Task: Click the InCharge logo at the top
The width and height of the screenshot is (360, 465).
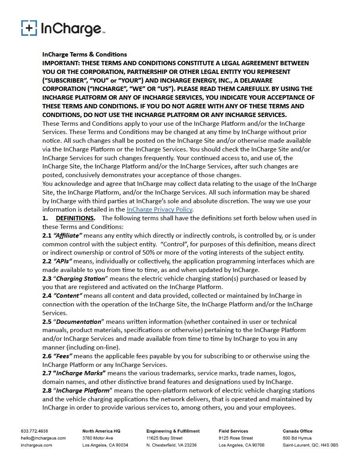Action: [63, 28]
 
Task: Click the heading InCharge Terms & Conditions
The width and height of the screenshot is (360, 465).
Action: [85, 54]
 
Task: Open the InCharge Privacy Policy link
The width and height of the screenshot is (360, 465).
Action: [159, 210]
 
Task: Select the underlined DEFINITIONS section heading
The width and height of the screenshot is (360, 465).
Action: [75, 218]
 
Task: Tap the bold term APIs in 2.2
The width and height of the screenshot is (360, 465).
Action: [63, 261]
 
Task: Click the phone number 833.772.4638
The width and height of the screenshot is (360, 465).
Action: [34, 431]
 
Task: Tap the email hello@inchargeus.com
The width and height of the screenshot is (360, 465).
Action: [43, 438]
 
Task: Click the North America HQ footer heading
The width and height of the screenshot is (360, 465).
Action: [101, 431]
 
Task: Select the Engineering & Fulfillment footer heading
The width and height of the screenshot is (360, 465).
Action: [173, 431]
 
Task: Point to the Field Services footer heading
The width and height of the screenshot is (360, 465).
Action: [233, 431]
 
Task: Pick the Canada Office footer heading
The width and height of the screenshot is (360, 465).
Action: [297, 431]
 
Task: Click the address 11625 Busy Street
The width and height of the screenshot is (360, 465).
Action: [164, 438]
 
